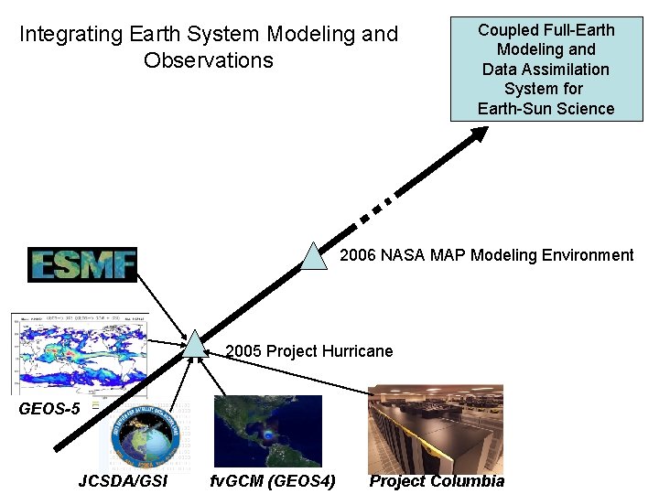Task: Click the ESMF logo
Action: [x=82, y=264]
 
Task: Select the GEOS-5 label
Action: [x=49, y=409]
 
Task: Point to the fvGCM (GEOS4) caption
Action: [x=273, y=481]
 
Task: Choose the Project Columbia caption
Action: [x=437, y=481]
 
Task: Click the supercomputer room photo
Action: [x=436, y=428]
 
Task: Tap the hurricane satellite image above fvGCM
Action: [x=267, y=431]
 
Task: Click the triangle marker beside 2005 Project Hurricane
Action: [x=195, y=344]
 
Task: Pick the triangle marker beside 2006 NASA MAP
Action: [x=314, y=257]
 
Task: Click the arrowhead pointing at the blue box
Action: [x=480, y=134]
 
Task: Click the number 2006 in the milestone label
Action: [x=357, y=255]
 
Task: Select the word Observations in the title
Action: [x=209, y=60]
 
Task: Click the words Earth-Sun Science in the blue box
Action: [x=546, y=109]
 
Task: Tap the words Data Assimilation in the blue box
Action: [x=546, y=70]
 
